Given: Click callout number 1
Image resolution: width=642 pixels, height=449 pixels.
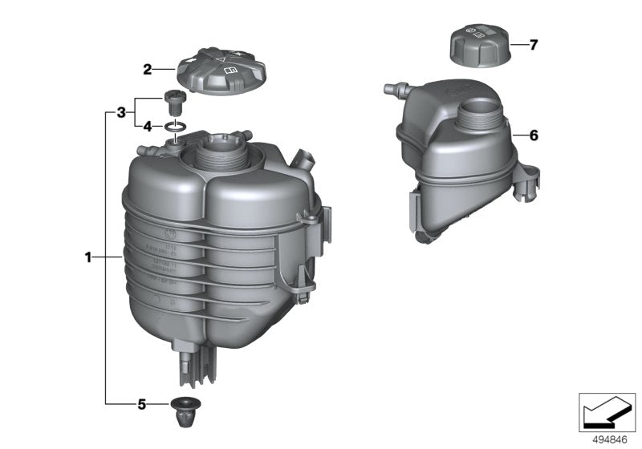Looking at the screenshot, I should tap(88, 257).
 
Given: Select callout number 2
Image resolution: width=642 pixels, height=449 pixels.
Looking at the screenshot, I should tap(148, 70).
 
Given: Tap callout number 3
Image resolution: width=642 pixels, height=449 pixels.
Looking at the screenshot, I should tap(120, 112).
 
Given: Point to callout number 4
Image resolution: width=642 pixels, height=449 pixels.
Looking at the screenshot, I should tap(148, 126).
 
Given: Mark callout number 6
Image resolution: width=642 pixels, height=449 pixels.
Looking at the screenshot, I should tap(533, 136).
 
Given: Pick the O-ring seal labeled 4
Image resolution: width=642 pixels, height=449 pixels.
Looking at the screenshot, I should tap(177, 126).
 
